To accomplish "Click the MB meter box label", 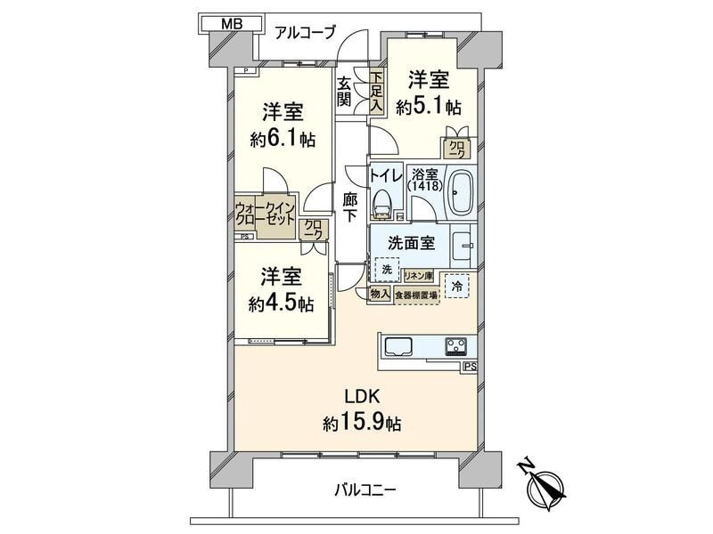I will [x=231, y=24].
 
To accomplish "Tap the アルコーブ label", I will [x=305, y=33].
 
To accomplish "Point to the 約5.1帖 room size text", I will [x=430, y=106].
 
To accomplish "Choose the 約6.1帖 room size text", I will [x=283, y=139].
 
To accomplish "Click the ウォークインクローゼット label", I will [x=265, y=215].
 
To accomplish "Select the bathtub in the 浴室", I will [x=462, y=191].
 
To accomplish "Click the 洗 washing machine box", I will [x=386, y=269].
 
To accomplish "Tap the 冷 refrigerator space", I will [x=456, y=287].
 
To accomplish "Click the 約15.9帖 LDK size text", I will [x=361, y=424].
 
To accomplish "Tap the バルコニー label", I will [x=365, y=489].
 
